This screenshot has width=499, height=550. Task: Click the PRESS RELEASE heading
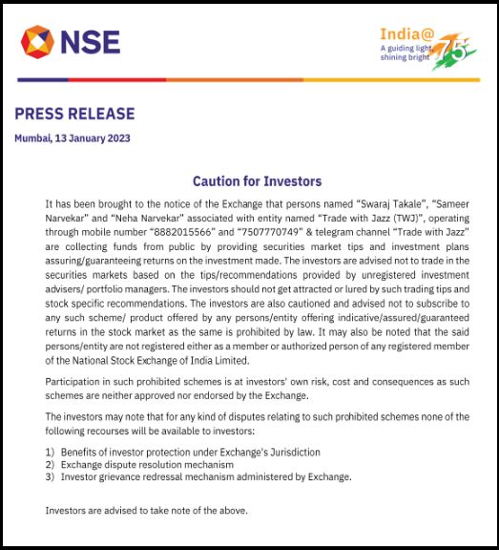(74, 115)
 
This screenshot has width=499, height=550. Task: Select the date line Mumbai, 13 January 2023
(73, 138)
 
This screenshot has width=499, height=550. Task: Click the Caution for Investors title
(257, 181)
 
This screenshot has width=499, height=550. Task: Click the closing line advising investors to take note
(147, 510)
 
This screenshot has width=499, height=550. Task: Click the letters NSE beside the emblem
(91, 43)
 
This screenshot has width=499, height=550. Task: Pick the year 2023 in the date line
(117, 138)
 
